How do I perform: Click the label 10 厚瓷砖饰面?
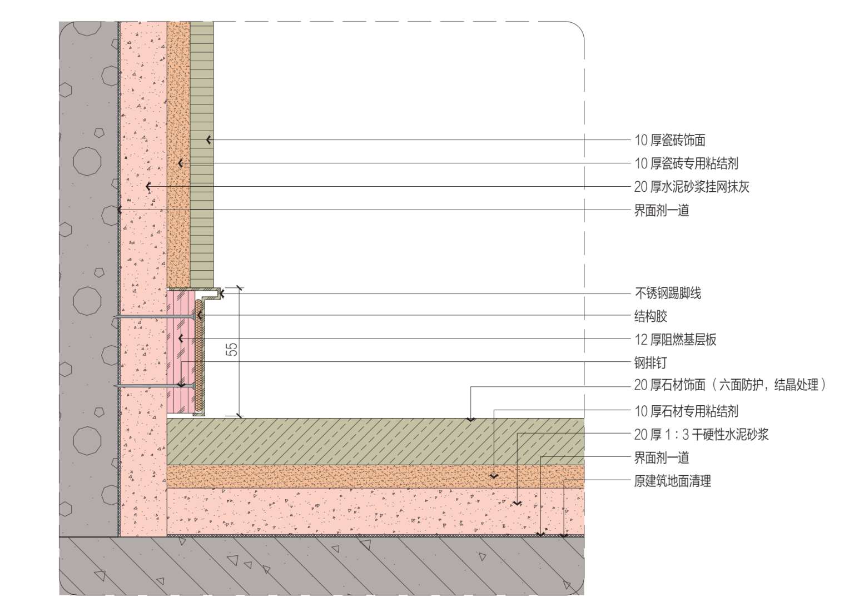pos(670,141)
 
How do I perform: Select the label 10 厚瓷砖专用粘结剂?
pos(686,163)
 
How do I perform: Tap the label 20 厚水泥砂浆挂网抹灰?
pos(692,187)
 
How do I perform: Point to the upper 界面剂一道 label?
pos(662,211)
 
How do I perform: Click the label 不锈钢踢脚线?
pos(668,293)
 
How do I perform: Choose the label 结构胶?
pos(651,317)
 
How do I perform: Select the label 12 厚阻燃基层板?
pos(675,340)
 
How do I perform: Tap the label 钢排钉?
pos(651,364)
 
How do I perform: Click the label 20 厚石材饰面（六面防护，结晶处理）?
pos(730,385)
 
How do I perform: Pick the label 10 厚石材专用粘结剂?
pos(686,411)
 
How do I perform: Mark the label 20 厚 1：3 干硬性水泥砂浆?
pos(701,435)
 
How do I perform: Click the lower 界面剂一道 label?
pos(662,458)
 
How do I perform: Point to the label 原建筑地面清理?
pos(672,481)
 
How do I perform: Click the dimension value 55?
pos(232,349)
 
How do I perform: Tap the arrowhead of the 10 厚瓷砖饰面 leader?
pos(208,140)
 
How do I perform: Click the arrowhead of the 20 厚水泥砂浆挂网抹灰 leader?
pos(148,187)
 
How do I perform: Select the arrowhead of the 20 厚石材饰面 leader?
pos(470,419)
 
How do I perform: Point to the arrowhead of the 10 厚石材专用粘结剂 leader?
pos(494,476)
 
